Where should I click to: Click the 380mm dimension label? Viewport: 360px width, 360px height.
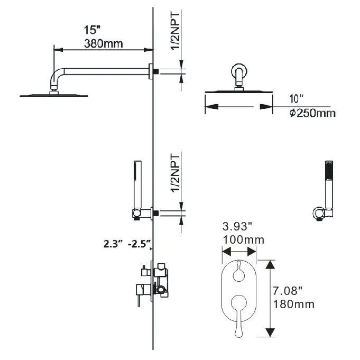click(103, 44)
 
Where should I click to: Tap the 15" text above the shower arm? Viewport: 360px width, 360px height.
click(92, 30)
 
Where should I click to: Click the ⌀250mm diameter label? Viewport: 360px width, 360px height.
click(312, 114)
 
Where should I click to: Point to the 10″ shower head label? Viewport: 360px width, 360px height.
click(297, 99)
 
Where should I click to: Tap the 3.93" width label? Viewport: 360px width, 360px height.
click(237, 227)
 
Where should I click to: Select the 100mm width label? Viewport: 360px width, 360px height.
click(244, 240)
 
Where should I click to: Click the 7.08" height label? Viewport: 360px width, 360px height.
click(287, 291)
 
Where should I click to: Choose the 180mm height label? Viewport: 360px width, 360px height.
click(293, 304)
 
